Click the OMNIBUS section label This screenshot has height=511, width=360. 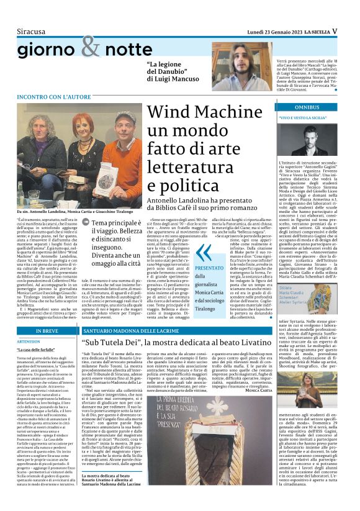[293, 107]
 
